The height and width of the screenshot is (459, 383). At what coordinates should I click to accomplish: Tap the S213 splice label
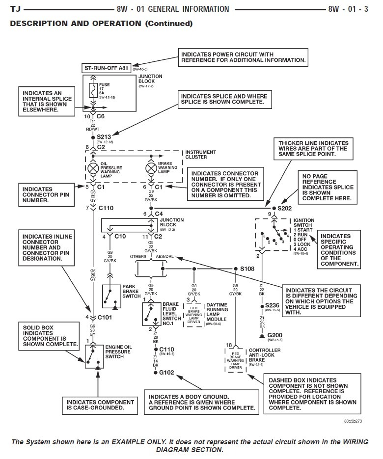coord(105,136)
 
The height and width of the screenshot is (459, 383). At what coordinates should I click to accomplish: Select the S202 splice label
coord(284,208)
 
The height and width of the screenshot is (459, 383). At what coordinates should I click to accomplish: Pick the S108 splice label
coord(247,269)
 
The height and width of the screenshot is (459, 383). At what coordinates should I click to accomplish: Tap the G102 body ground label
coord(167,373)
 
